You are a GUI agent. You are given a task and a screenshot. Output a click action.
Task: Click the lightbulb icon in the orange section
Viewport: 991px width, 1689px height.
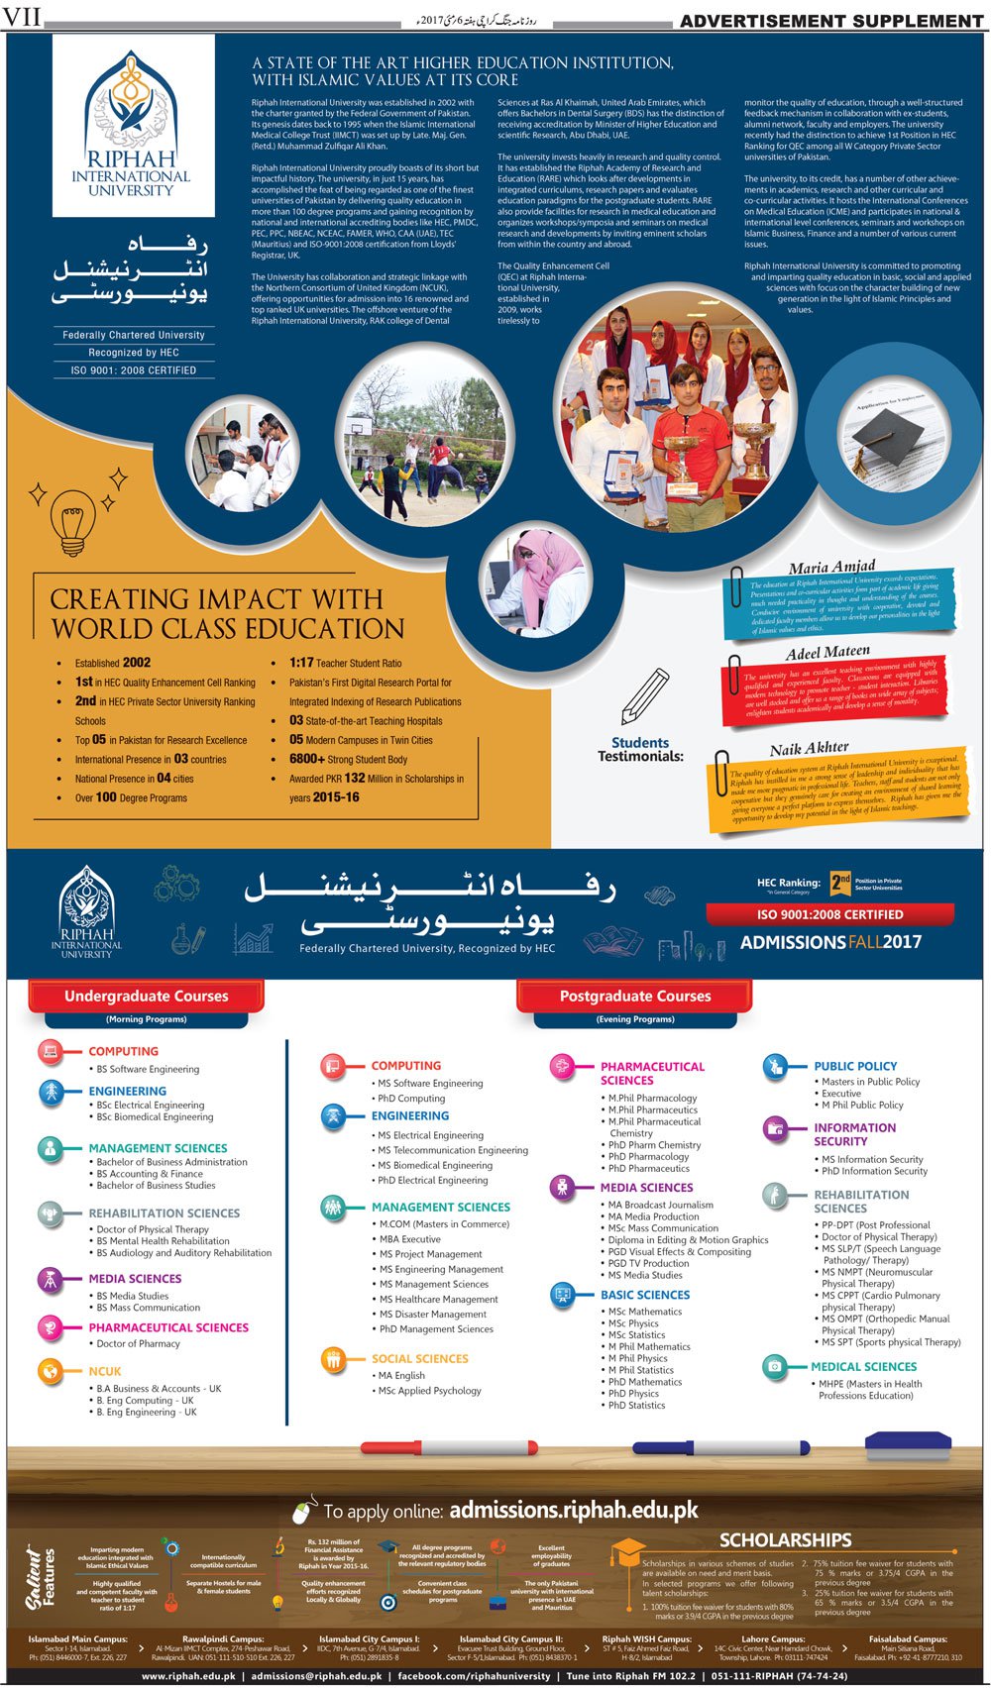(x=72, y=522)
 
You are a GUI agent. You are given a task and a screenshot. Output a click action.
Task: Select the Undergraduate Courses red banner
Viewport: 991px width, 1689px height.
(x=147, y=996)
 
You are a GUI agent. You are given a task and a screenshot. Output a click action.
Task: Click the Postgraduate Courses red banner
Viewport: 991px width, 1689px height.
(x=635, y=996)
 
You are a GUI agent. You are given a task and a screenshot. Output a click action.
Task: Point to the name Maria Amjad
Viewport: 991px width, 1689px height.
(x=832, y=568)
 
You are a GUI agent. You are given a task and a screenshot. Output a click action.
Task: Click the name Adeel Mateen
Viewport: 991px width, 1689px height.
(x=827, y=653)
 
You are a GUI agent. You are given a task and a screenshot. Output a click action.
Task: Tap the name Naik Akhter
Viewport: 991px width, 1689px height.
(x=809, y=748)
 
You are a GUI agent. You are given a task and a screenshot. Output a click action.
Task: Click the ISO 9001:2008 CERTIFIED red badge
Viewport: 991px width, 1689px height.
(x=829, y=914)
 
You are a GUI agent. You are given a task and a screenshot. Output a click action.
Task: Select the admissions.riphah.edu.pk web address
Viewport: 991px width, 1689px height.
(x=574, y=1510)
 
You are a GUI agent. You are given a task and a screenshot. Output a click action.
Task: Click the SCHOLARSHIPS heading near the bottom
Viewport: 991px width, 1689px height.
(x=785, y=1539)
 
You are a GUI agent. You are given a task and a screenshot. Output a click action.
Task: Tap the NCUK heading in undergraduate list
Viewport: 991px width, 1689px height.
(x=105, y=1371)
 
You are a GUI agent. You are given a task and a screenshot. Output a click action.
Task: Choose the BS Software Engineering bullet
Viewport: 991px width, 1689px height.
(x=148, y=1069)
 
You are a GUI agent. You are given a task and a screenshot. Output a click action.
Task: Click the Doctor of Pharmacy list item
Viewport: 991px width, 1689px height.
(x=138, y=1343)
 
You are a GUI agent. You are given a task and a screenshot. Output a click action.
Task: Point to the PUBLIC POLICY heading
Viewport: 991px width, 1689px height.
(x=855, y=1066)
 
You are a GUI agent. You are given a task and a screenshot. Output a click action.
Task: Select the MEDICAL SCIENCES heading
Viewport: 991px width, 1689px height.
(x=863, y=1366)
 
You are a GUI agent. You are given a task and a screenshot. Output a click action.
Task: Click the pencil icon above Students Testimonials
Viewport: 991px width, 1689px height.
(x=644, y=695)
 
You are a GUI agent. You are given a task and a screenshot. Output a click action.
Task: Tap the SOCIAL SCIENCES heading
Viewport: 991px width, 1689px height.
(x=419, y=1358)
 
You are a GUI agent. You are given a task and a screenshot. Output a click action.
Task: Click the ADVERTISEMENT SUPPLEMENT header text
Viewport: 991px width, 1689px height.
(x=831, y=20)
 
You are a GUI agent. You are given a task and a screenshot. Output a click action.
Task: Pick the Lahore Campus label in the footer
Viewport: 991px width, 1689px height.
(x=773, y=1638)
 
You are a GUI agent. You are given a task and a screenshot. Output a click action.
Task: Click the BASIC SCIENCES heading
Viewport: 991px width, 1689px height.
(x=645, y=1294)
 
